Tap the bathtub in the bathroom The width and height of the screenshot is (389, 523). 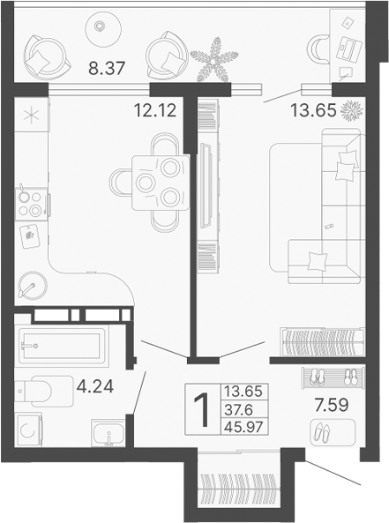click(x=62, y=346)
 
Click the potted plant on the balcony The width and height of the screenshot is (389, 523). click(x=214, y=61)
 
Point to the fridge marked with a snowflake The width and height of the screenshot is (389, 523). click(x=31, y=116)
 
